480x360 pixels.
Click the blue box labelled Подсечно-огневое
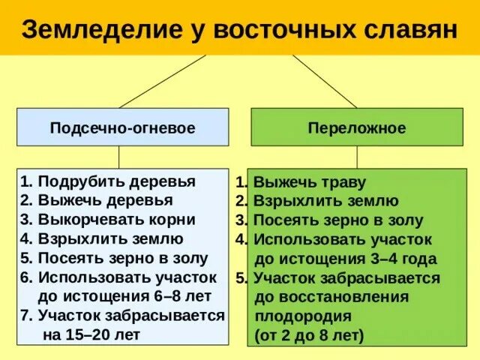coord(123,127)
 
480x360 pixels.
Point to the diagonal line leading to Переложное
coord(324,81)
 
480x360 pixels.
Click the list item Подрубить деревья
coord(109,181)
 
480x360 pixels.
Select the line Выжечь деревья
coord(97,200)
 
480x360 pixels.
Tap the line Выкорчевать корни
coord(109,220)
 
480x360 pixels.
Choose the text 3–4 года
coord(402,259)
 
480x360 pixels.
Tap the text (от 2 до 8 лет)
coord(309,335)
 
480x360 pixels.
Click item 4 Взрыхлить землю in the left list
coord(103,239)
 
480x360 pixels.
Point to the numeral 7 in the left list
coord(25,315)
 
